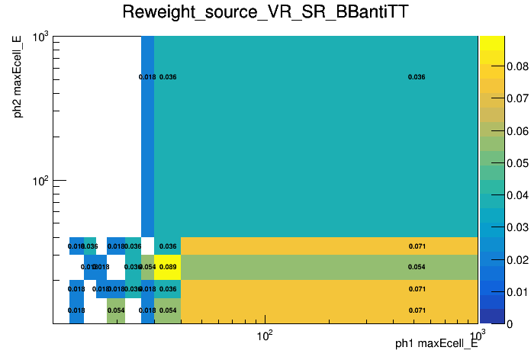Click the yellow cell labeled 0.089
168,267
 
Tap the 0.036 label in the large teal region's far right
417,77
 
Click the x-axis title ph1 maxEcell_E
436,344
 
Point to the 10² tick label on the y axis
39,182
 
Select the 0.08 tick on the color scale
519,66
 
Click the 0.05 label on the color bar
519,162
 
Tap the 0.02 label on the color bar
519,259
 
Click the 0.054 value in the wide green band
417,267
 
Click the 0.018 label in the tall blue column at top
147,77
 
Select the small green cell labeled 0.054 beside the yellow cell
147,267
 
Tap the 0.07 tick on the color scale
519,98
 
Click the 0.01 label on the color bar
519,291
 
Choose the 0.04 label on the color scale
519,195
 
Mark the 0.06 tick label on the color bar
519,130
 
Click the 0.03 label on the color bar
519,227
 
